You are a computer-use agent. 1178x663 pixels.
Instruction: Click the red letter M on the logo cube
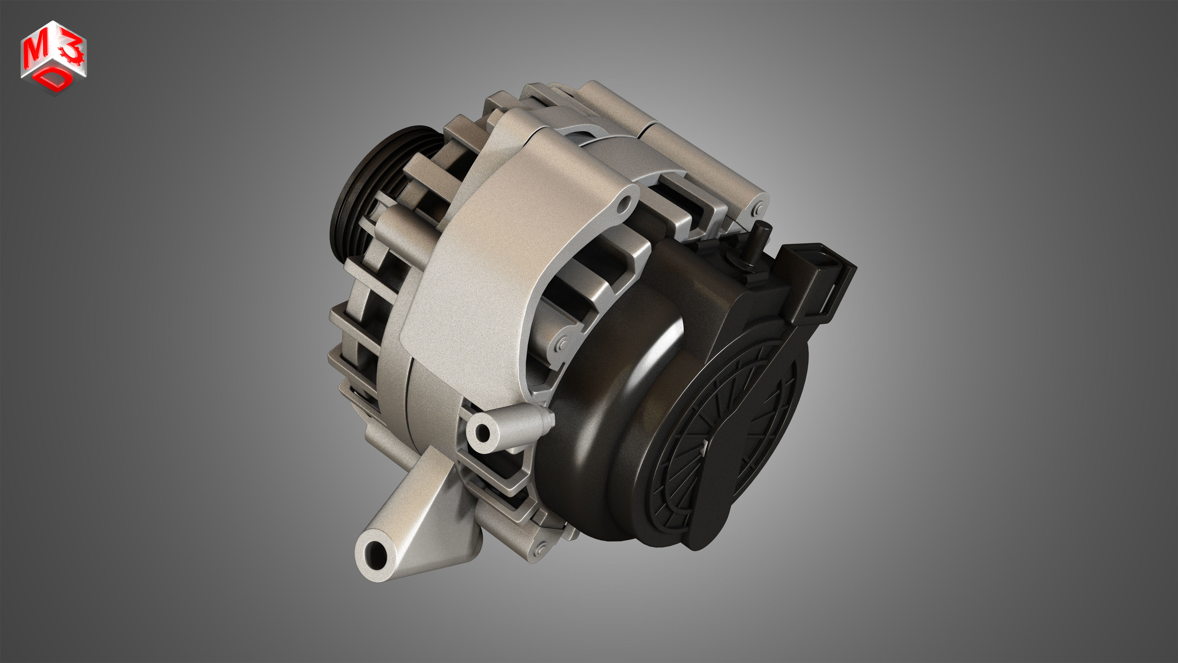pos(35,51)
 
